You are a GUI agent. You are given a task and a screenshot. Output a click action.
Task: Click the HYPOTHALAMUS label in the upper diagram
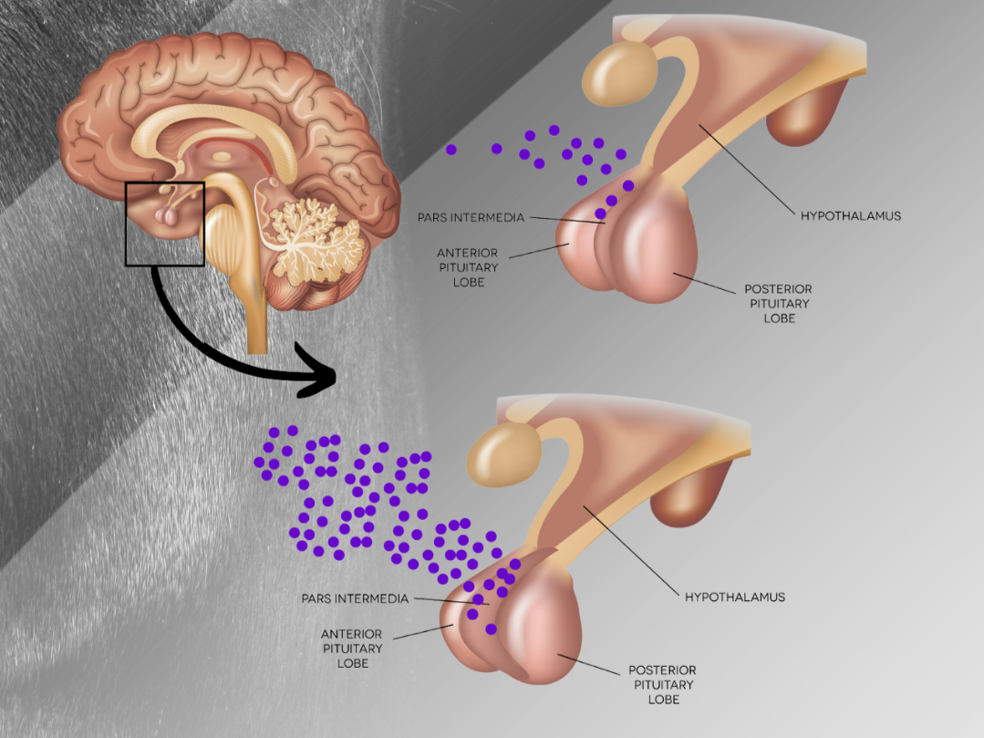[x=850, y=216]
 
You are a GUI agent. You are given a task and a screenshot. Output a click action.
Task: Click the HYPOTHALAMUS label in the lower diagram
[x=735, y=597]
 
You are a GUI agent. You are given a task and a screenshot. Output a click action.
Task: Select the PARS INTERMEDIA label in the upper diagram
[x=471, y=218]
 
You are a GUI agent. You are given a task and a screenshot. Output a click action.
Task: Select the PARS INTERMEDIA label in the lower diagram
[x=355, y=598]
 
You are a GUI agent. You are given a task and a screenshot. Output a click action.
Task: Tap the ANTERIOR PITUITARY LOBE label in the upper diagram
[x=468, y=267]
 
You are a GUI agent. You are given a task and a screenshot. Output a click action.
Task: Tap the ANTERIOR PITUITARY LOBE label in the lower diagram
[x=352, y=649]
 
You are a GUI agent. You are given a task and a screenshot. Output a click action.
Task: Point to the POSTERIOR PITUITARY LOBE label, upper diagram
[x=778, y=304]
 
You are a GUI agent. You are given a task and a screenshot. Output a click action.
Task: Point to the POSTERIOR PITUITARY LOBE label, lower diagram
[x=663, y=685]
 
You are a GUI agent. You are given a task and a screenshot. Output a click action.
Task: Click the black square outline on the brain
[x=126, y=224]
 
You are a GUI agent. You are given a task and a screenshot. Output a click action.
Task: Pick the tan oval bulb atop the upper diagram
[x=619, y=73]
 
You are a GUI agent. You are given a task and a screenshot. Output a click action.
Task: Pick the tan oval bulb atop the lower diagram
[x=504, y=454]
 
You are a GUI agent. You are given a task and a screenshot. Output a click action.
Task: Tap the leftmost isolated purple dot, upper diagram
[x=451, y=150]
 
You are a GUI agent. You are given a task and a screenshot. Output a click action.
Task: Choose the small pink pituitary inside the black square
[x=166, y=216]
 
